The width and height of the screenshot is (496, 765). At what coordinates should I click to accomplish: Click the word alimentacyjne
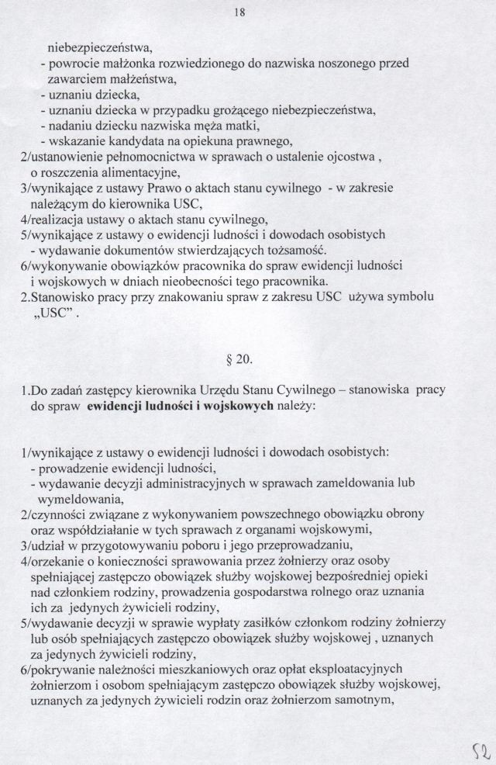pyautogui.click(x=136, y=172)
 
